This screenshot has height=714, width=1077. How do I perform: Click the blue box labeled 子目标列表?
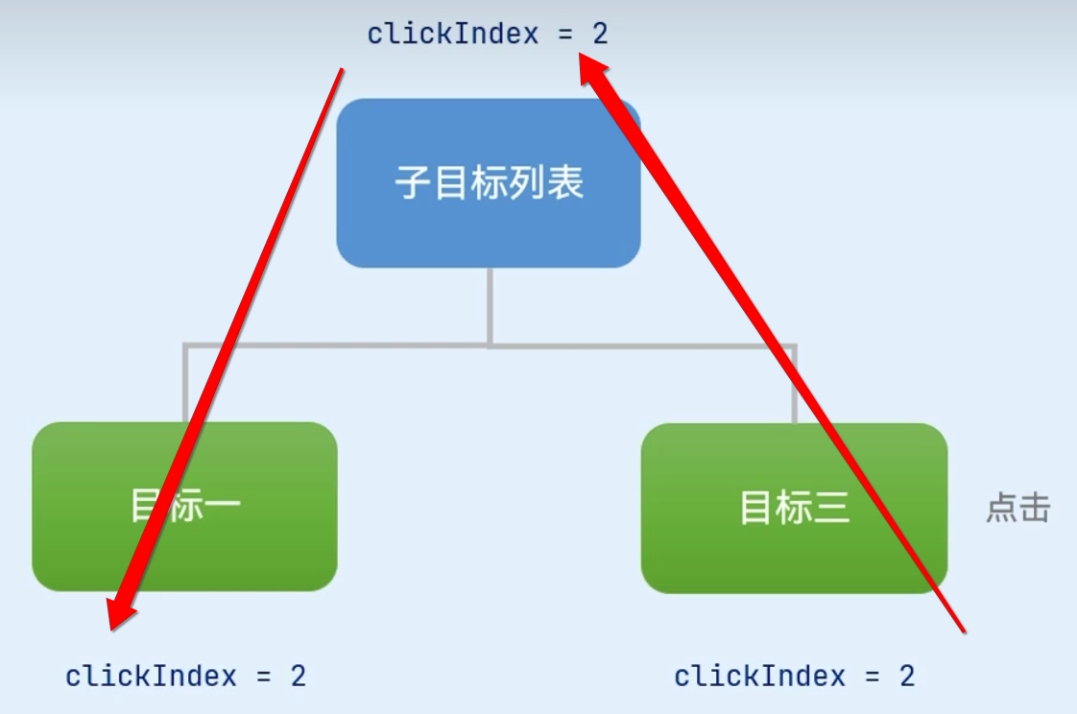coord(488,182)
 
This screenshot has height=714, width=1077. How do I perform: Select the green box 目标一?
coord(184,506)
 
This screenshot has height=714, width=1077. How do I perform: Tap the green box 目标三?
coord(794,508)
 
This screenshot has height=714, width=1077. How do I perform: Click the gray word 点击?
coord(1018,508)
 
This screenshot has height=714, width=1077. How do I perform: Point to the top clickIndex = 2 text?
coord(488,35)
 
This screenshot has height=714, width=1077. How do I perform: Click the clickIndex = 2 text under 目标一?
coord(185,676)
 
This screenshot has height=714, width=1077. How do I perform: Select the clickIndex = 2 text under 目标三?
coord(794,676)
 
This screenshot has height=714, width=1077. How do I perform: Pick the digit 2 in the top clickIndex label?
coord(600,35)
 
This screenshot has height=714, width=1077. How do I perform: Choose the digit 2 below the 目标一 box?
coord(298,676)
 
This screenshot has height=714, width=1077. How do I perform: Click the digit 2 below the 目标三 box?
coord(906,676)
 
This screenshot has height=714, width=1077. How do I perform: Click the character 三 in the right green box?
coord(832,508)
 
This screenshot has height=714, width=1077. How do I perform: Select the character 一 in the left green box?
coord(222,506)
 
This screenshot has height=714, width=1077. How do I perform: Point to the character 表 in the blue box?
coord(566,182)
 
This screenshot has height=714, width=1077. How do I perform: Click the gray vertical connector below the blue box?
coord(489,305)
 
